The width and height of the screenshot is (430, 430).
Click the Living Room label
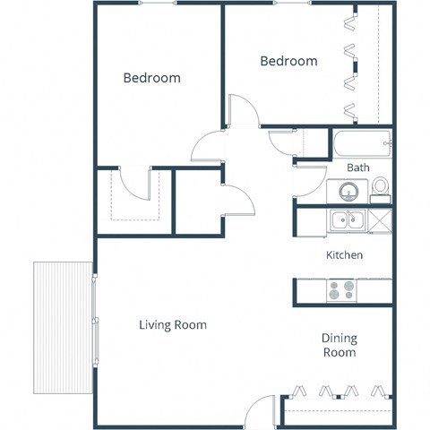[173, 324]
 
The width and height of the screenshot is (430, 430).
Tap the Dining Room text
[340, 345]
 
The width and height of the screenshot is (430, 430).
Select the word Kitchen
[344, 255]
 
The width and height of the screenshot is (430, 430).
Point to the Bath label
[358, 167]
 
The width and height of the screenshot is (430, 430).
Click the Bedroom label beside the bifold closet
[288, 61]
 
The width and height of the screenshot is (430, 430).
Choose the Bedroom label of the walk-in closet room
[151, 78]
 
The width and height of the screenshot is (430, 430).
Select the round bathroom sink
[348, 190]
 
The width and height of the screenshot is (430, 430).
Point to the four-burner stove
[340, 289]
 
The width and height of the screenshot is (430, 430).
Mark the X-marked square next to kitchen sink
[381, 219]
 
